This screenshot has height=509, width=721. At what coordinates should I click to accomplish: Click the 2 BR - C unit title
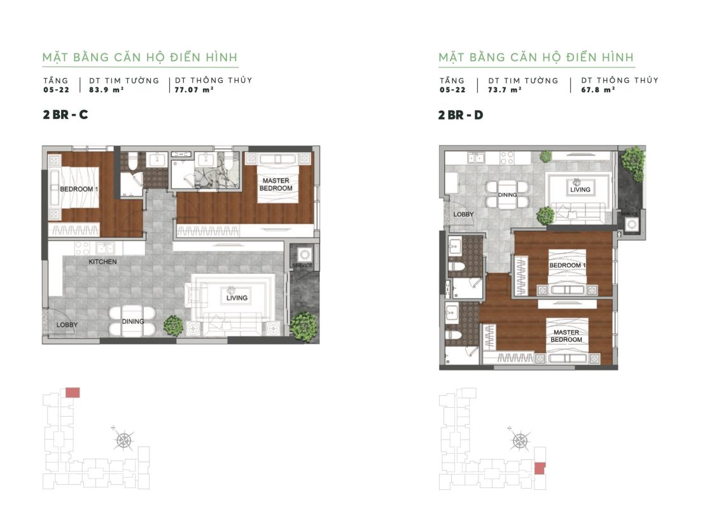pyautogui.click(x=66, y=115)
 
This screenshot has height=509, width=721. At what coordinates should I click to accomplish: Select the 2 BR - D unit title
pyautogui.click(x=461, y=115)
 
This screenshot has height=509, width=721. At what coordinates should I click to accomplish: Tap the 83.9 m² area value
pyautogui.click(x=106, y=90)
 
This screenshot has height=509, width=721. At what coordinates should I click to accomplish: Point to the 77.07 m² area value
pyautogui.click(x=194, y=90)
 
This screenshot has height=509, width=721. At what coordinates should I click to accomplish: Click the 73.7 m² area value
pyautogui.click(x=505, y=90)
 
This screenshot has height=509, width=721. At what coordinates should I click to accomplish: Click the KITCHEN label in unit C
pyautogui.click(x=102, y=261)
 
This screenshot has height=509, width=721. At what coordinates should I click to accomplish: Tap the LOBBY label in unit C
pyautogui.click(x=67, y=324)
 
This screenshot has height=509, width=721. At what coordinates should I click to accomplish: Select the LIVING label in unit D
pyautogui.click(x=580, y=190)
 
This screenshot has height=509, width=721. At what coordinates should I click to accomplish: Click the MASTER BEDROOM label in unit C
pyautogui.click(x=276, y=185)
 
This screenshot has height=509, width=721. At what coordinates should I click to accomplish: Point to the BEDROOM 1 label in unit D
pyautogui.click(x=568, y=265)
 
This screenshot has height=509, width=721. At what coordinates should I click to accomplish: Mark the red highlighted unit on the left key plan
pyautogui.click(x=73, y=392)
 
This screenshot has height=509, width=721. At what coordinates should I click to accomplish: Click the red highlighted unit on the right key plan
pyautogui.click(x=540, y=468)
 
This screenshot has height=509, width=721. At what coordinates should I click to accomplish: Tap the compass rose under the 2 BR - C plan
pyautogui.click(x=123, y=440)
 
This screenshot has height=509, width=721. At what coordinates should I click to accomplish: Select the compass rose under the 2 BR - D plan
pyautogui.click(x=520, y=440)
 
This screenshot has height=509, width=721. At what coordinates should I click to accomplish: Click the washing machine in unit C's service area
pyautogui.click(x=304, y=254)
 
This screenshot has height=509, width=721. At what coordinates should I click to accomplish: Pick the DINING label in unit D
pyautogui.click(x=508, y=195)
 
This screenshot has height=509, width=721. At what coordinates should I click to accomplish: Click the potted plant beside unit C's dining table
pyautogui.click(x=173, y=325)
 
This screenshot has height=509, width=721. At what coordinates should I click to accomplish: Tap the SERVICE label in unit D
pyautogui.click(x=629, y=214)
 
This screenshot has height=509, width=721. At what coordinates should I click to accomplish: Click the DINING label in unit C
pyautogui.click(x=133, y=321)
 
